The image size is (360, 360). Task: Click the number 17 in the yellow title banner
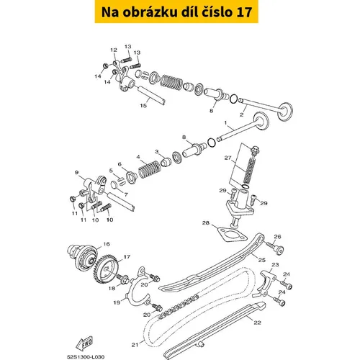244,12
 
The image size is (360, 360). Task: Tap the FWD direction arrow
84,343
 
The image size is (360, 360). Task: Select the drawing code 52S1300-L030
86,357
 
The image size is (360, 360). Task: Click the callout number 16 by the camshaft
107,244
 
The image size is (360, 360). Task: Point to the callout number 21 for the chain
135,345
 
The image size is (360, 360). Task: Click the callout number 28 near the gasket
206,223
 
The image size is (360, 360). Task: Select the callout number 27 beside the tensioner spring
228,158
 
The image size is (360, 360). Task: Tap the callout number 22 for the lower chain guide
257,323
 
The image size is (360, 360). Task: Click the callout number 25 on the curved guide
262,260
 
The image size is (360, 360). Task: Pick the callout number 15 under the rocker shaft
143,106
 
